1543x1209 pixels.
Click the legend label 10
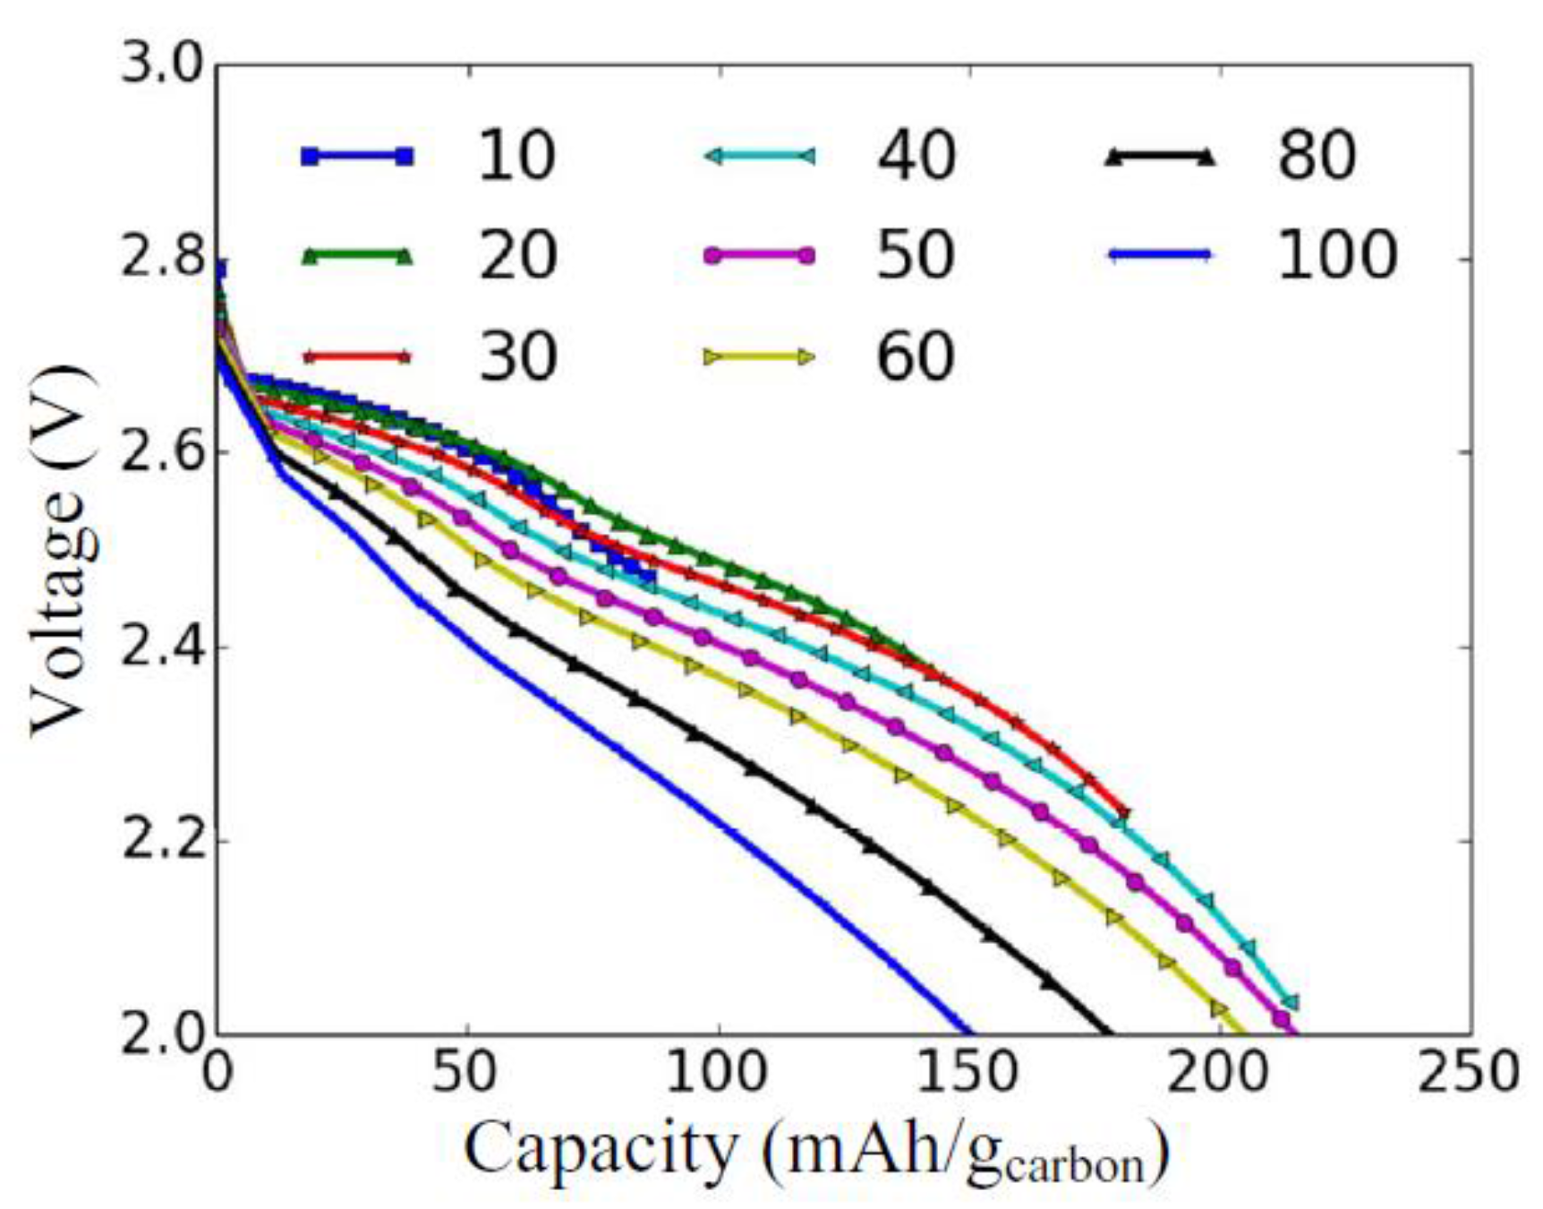[x=516, y=156]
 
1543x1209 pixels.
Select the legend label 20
[x=516, y=255]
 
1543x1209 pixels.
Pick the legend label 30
[x=516, y=356]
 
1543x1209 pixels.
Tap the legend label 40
[x=916, y=156]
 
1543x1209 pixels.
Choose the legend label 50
[x=916, y=255]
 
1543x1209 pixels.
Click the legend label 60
[x=916, y=356]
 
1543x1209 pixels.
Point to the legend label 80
[x=1316, y=156]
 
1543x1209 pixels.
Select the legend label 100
[x=1335, y=255]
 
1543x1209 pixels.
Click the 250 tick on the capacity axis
[x=1468, y=1071]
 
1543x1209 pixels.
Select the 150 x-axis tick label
[x=968, y=1071]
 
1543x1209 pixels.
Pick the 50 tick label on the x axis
[x=466, y=1071]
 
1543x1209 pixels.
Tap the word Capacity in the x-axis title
[x=600, y=1150]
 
